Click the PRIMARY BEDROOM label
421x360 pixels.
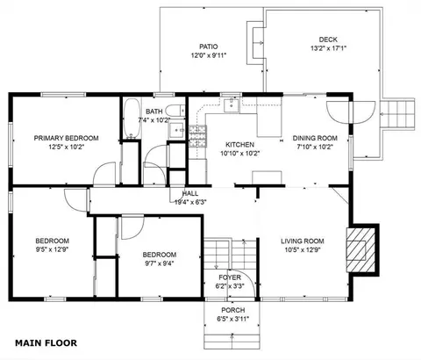(x=66, y=138)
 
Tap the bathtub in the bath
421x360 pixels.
(x=132, y=119)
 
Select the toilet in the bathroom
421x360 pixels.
(x=175, y=111)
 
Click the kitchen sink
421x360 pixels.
(x=232, y=105)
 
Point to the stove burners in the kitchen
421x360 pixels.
(x=197, y=136)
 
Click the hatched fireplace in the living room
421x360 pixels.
(x=360, y=250)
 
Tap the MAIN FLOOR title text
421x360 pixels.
(x=46, y=343)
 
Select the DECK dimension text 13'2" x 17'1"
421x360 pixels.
(x=328, y=48)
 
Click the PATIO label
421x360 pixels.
(x=209, y=47)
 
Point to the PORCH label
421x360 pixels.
(x=233, y=310)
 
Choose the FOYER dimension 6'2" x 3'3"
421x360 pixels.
(x=230, y=286)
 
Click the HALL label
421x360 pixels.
(x=190, y=193)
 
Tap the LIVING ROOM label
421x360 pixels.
(x=303, y=241)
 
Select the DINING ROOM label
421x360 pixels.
(x=315, y=138)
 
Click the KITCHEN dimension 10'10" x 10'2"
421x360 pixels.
(x=240, y=154)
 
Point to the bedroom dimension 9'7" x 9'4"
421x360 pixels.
(x=160, y=263)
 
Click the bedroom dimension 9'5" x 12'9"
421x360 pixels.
(x=53, y=249)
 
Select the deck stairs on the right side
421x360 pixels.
(x=397, y=114)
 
